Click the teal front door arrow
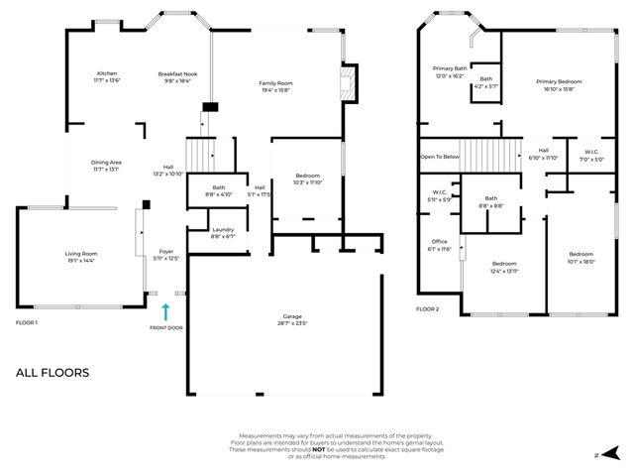(x=165, y=312)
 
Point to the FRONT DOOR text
(x=165, y=327)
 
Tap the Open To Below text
(x=439, y=157)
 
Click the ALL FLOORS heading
(x=52, y=373)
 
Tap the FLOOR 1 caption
(x=27, y=323)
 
